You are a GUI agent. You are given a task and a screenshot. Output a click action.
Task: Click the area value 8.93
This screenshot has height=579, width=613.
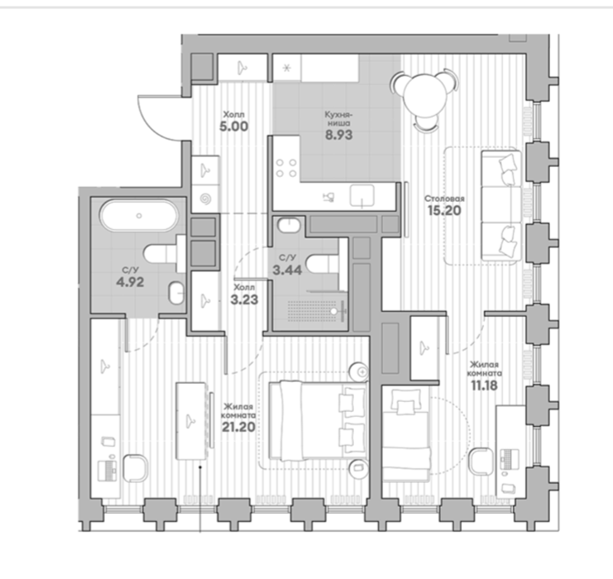[339, 135]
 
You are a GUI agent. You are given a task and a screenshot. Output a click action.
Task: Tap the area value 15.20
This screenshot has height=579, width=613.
[444, 210]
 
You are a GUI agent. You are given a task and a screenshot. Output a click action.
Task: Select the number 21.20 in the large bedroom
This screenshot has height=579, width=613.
[238, 427]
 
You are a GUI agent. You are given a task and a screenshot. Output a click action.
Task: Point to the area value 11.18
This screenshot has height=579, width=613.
[484, 385]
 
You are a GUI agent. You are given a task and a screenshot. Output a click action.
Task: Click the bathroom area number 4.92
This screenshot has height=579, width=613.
[130, 281]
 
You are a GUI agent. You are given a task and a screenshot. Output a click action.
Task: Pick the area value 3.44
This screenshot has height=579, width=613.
[287, 270]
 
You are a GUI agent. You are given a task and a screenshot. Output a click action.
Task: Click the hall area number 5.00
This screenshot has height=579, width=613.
[234, 127]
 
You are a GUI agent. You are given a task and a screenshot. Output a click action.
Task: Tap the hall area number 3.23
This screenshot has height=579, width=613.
[244, 299]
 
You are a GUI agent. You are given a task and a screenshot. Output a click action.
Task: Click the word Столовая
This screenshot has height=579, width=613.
[444, 199]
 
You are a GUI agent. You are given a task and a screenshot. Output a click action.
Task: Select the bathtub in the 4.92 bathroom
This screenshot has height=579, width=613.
[139, 215]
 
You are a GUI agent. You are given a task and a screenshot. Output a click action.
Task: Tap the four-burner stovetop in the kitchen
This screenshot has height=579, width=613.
[285, 168]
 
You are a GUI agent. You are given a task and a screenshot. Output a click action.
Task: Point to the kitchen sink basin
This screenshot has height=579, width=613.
[362, 195]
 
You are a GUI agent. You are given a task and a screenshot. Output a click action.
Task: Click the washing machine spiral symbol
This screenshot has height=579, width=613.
[205, 199]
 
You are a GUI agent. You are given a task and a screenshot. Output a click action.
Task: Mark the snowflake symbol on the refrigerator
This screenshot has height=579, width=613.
[287, 68]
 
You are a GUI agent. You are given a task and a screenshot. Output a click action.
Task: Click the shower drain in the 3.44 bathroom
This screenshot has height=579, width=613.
[334, 311]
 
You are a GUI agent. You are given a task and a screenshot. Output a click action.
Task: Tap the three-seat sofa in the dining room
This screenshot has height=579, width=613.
[501, 205]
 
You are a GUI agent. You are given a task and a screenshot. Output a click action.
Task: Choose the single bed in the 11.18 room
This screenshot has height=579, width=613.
[406, 433]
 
